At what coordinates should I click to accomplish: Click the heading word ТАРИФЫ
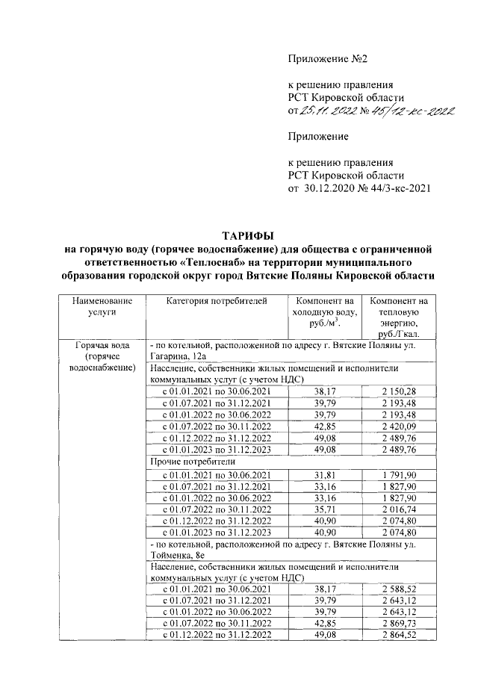(249, 236)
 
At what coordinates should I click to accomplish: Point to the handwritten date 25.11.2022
(326, 111)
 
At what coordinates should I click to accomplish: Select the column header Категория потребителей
(215, 301)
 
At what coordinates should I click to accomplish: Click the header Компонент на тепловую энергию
(399, 318)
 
